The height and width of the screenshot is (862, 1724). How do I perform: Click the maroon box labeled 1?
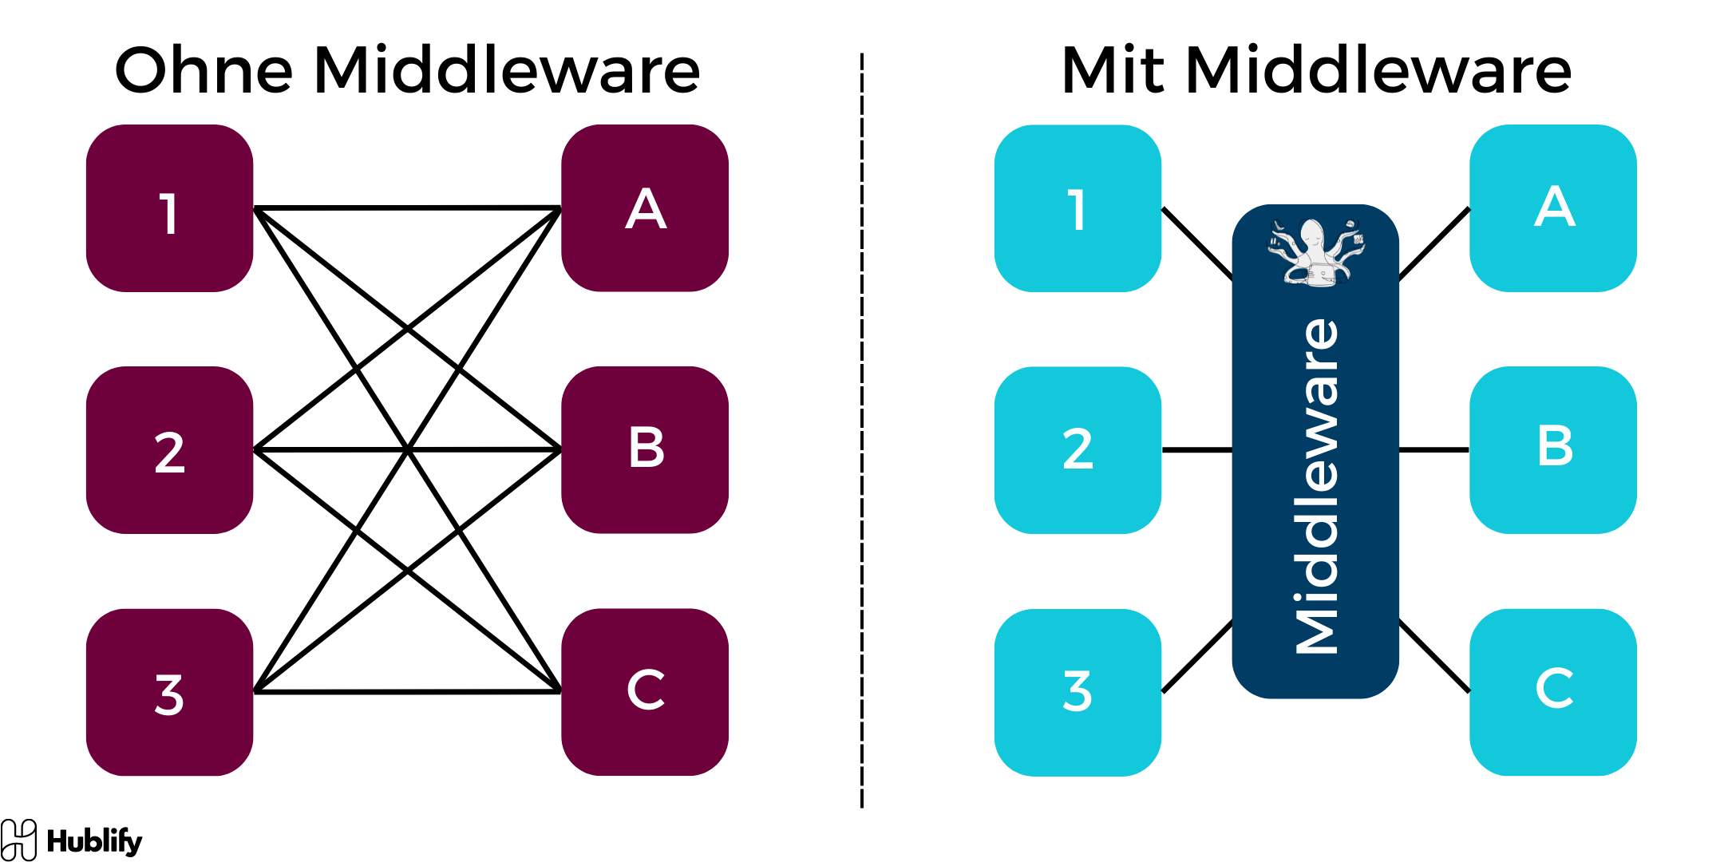169,208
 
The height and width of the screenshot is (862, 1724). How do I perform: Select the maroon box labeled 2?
169,450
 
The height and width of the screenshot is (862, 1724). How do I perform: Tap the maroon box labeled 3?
169,692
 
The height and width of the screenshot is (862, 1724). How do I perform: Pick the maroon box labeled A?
645,208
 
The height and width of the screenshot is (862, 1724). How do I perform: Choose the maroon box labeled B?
645,450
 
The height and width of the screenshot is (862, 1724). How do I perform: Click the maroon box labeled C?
645,692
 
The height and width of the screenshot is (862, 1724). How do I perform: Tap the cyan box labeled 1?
1077,208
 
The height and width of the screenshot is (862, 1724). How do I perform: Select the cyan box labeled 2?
1077,450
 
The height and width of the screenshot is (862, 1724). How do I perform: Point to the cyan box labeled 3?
1077,692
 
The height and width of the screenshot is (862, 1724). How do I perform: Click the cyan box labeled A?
1553,208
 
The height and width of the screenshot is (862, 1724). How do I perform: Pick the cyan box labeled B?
1553,450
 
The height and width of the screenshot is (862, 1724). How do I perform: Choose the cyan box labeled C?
1553,692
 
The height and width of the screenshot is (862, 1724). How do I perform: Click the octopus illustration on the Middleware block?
1316,252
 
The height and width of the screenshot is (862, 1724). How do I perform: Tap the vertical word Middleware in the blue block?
1316,487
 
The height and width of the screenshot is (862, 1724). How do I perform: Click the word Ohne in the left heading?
204,70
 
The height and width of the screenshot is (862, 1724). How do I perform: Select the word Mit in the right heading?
1113,70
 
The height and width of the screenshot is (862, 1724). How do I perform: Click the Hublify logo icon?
18,840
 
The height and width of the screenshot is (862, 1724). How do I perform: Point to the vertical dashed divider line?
862,431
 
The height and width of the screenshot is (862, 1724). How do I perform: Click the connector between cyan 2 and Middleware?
1196,450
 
